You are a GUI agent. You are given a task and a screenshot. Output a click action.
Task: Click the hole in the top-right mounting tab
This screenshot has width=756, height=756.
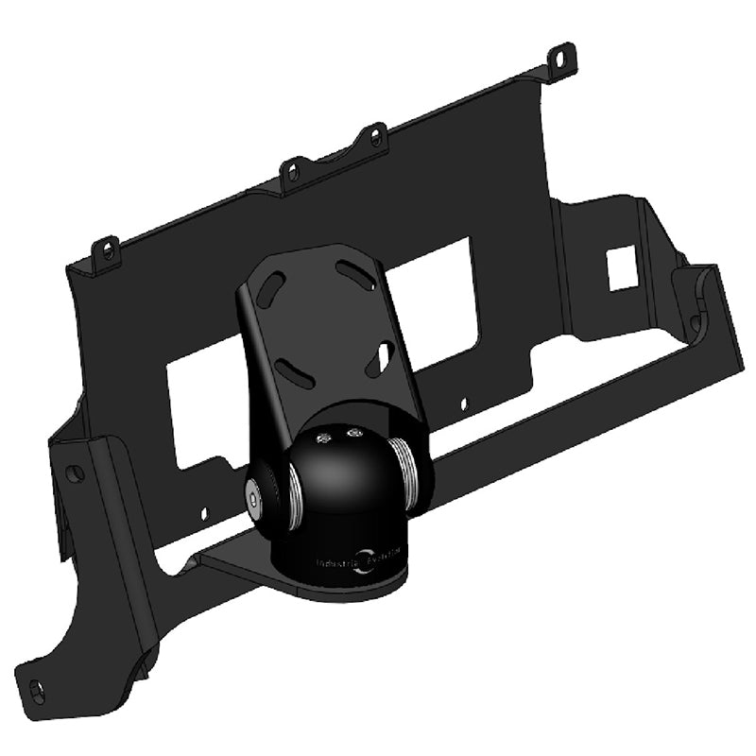(x=564, y=56)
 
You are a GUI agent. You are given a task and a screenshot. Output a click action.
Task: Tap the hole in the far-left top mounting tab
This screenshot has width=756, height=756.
(x=109, y=250)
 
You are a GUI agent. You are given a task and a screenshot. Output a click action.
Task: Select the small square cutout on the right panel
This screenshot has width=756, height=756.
(x=621, y=267)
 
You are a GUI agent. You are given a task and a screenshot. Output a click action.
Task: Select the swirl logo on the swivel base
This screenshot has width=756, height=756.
(x=363, y=560)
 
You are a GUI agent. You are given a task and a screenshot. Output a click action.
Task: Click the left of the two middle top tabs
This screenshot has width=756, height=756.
(x=292, y=173)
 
